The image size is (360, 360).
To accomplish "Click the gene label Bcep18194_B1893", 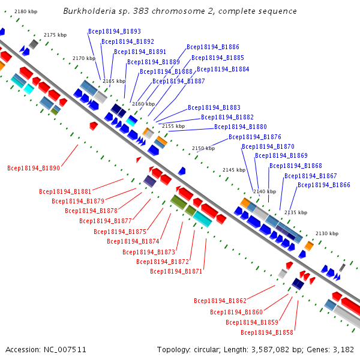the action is [115, 31].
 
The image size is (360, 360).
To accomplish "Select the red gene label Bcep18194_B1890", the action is [34, 168].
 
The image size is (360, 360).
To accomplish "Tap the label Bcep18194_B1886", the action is [213, 47].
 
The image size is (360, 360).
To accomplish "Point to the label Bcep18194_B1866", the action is [324, 185].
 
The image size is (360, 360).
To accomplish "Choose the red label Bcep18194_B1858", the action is [267, 332].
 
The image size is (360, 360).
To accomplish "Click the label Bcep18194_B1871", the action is [176, 271].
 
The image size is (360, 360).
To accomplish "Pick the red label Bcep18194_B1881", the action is [65, 191].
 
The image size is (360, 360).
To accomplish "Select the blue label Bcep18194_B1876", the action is [255, 137].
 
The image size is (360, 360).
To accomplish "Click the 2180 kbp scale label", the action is [26, 11].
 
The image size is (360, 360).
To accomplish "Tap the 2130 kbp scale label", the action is [327, 233].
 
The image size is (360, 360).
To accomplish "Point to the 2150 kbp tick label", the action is [203, 148].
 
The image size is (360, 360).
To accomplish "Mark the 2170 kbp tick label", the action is [84, 58].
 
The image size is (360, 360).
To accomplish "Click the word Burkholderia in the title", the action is [89, 11].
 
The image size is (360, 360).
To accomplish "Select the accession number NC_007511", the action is [65, 350].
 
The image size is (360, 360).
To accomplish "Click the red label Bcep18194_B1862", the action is [220, 301].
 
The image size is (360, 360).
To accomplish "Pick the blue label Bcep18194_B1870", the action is [268, 147].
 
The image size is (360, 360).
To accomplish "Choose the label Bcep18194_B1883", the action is [214, 107].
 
